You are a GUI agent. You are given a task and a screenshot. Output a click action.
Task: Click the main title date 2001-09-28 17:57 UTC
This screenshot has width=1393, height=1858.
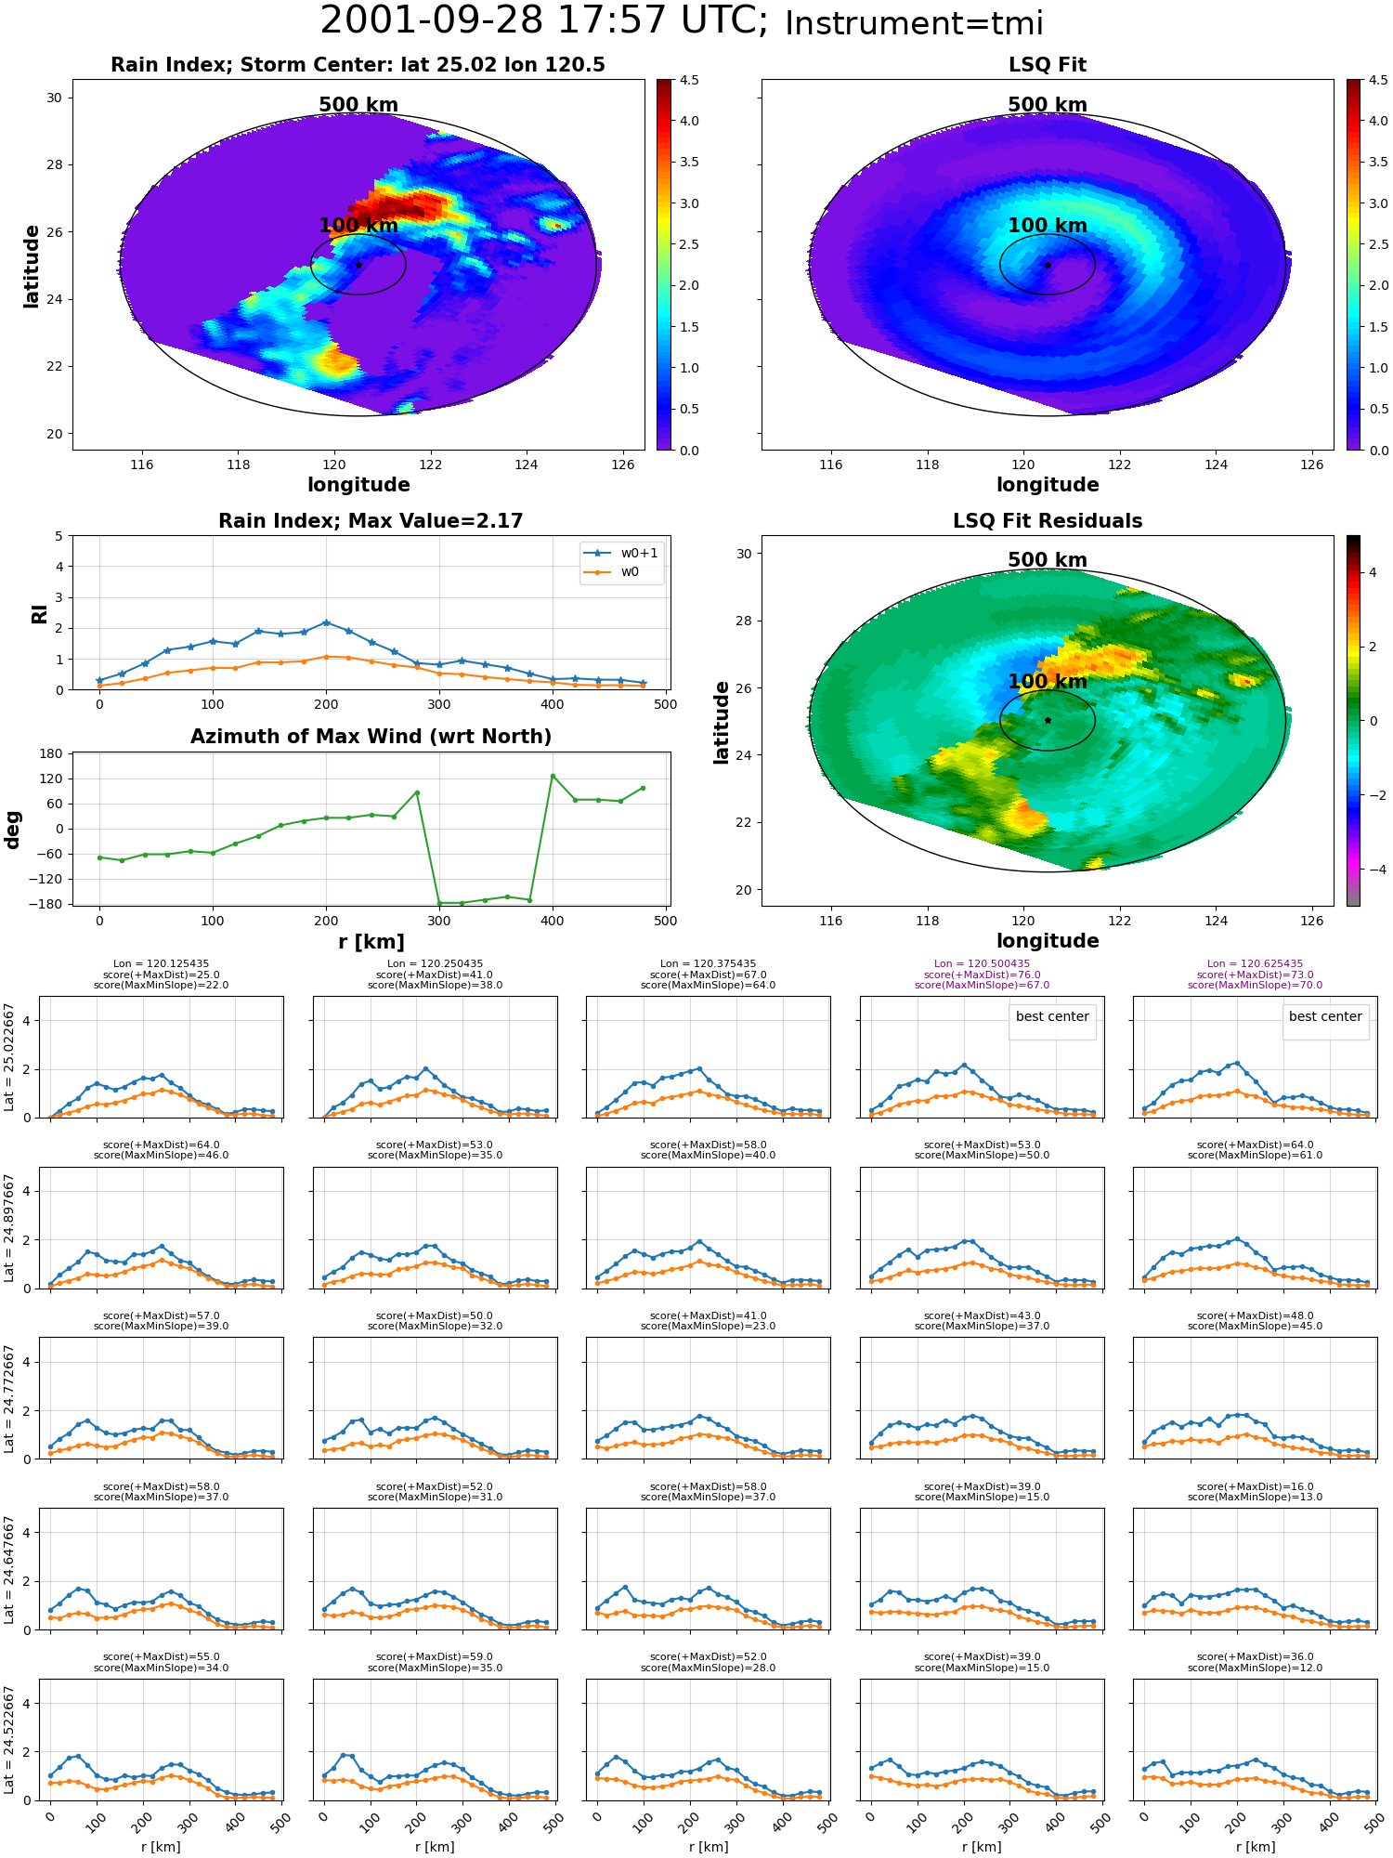tap(543, 21)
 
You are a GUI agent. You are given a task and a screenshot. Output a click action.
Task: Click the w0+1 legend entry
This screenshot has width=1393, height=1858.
tap(621, 554)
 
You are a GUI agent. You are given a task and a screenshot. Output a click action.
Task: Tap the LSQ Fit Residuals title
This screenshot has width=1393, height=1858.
tap(1048, 521)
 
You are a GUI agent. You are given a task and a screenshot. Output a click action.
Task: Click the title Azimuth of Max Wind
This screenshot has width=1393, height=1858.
tap(371, 737)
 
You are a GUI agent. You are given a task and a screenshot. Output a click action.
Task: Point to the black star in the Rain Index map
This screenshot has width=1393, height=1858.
tap(358, 265)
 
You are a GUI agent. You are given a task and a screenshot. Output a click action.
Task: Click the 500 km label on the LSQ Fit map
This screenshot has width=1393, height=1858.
tap(1048, 105)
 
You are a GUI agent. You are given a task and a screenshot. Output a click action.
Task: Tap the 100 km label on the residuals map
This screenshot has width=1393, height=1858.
tap(1048, 681)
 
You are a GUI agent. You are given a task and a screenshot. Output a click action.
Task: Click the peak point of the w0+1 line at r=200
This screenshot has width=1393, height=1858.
tap(326, 622)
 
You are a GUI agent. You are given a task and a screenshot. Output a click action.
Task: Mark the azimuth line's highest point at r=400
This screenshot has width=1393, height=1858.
tap(553, 776)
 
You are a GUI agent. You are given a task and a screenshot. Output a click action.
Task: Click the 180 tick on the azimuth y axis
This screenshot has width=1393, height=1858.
tap(52, 753)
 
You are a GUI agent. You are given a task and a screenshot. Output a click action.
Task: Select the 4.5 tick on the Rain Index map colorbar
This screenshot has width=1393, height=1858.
tap(689, 80)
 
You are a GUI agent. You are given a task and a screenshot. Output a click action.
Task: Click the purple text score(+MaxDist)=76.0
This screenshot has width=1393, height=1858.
tap(982, 975)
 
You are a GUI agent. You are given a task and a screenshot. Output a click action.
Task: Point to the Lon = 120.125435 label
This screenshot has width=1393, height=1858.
tap(161, 964)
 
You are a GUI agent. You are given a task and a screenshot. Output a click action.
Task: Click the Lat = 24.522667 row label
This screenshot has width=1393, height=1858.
tap(9, 1740)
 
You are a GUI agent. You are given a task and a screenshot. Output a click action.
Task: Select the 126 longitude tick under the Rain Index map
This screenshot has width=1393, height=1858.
tap(623, 464)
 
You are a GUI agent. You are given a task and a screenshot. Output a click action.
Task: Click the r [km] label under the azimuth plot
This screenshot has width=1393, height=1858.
tap(371, 942)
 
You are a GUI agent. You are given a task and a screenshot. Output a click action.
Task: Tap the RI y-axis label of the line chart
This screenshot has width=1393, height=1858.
tap(40, 613)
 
